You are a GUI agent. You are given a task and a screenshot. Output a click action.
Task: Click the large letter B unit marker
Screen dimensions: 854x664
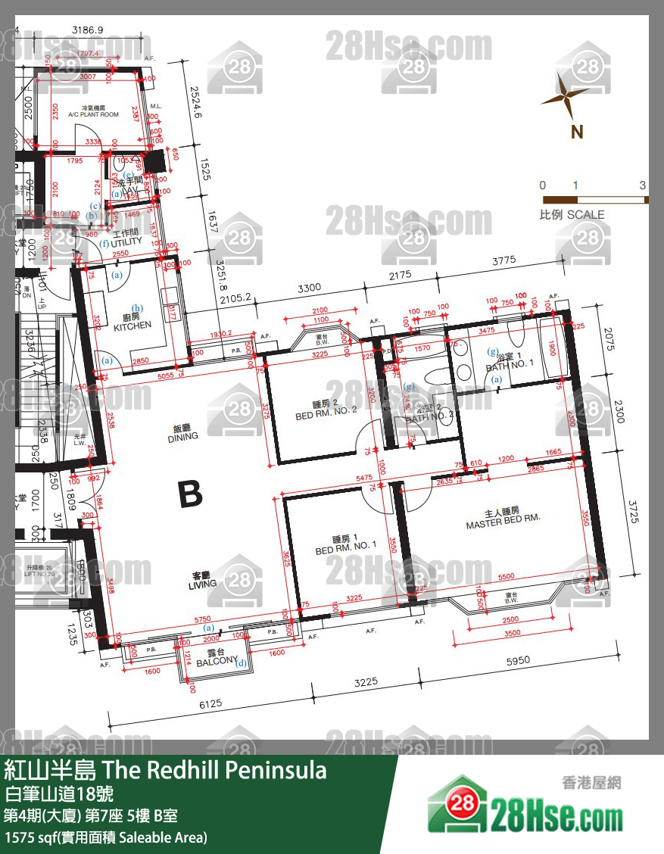tap(189, 494)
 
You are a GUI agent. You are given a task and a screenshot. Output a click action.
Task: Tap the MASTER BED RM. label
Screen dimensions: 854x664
tap(503, 519)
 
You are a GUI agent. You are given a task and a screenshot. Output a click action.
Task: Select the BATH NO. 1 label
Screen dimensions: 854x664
tap(510, 363)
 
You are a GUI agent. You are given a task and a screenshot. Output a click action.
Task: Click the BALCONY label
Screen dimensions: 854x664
tap(217, 661)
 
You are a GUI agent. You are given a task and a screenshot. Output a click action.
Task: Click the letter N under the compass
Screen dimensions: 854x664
tap(577, 132)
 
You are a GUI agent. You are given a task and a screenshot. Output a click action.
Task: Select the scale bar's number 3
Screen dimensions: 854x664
tap(643, 185)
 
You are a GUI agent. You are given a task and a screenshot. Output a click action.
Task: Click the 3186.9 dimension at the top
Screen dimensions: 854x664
tap(87, 30)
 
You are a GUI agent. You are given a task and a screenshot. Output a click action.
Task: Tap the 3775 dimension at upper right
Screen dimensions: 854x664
tap(503, 260)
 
